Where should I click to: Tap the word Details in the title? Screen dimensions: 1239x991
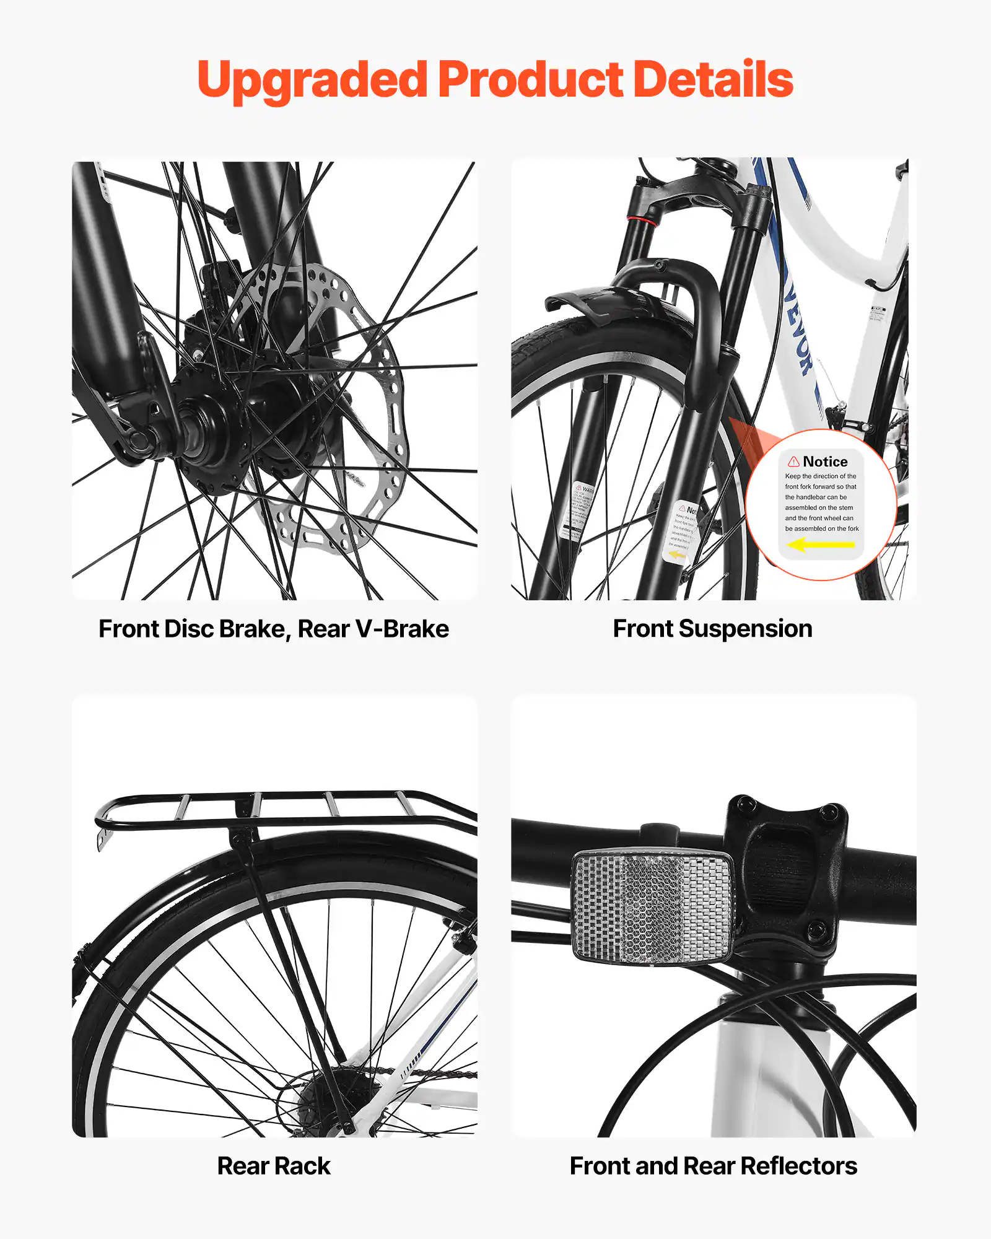point(713,81)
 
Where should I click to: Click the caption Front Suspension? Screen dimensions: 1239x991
point(712,629)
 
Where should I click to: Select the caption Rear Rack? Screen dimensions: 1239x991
point(273,1166)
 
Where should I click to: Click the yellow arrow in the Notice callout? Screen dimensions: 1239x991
point(820,545)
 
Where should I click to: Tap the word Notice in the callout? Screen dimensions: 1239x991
point(825,462)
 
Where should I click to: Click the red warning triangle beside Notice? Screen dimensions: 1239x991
point(793,462)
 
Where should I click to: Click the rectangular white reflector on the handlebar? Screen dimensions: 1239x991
point(653,908)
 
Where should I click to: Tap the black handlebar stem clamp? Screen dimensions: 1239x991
point(787,867)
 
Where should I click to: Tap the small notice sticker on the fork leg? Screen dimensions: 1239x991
point(681,533)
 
